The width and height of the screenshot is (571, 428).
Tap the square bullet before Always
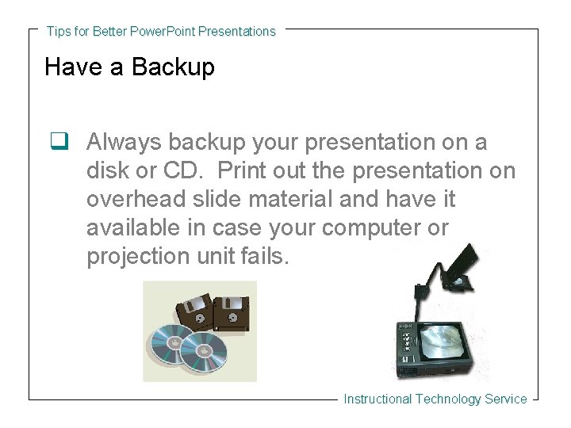point(57,143)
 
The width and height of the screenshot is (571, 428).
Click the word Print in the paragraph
point(240,171)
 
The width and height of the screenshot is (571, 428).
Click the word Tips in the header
point(58,32)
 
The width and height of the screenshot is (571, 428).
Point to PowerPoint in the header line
point(162,32)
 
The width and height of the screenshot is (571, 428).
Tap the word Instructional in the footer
point(377,399)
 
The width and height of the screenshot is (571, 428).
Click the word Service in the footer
point(505,399)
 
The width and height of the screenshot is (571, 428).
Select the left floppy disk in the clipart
point(192,312)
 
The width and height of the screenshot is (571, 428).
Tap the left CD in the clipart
point(167,342)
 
